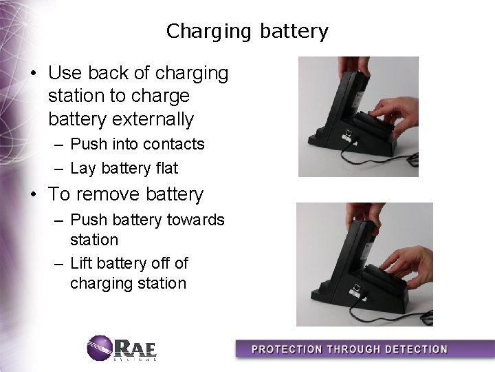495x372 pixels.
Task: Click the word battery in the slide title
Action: (x=294, y=31)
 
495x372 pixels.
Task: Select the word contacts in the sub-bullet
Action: (x=177, y=144)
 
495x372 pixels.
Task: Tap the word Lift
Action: (x=83, y=263)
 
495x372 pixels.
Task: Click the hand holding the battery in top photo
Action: (x=395, y=110)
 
